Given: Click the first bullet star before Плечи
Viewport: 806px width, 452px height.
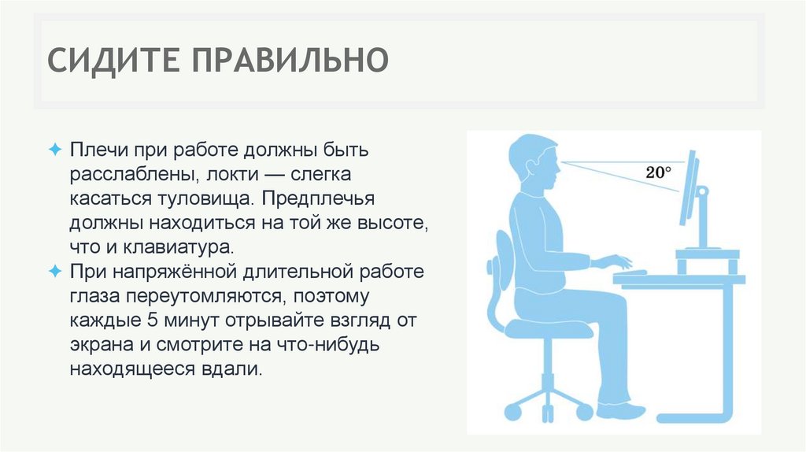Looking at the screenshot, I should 54,150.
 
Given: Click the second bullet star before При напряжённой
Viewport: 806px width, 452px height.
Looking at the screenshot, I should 54,272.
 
